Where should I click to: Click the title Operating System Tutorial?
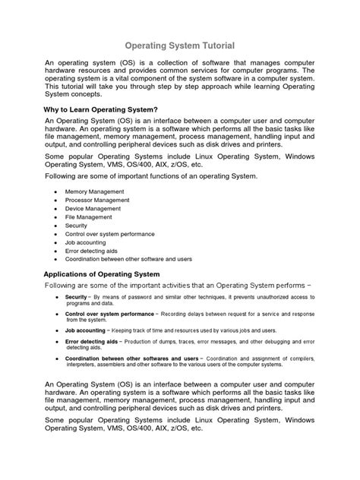click(x=179, y=46)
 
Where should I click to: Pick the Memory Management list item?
click(x=94, y=191)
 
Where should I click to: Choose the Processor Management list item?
click(x=97, y=201)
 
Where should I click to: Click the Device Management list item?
click(x=93, y=209)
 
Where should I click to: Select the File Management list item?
click(x=88, y=217)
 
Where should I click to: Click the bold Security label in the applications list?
click(x=76, y=296)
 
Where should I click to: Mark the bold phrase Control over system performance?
click(x=109, y=314)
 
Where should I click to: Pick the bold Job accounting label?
click(x=86, y=331)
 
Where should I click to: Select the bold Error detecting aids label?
click(x=92, y=343)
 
